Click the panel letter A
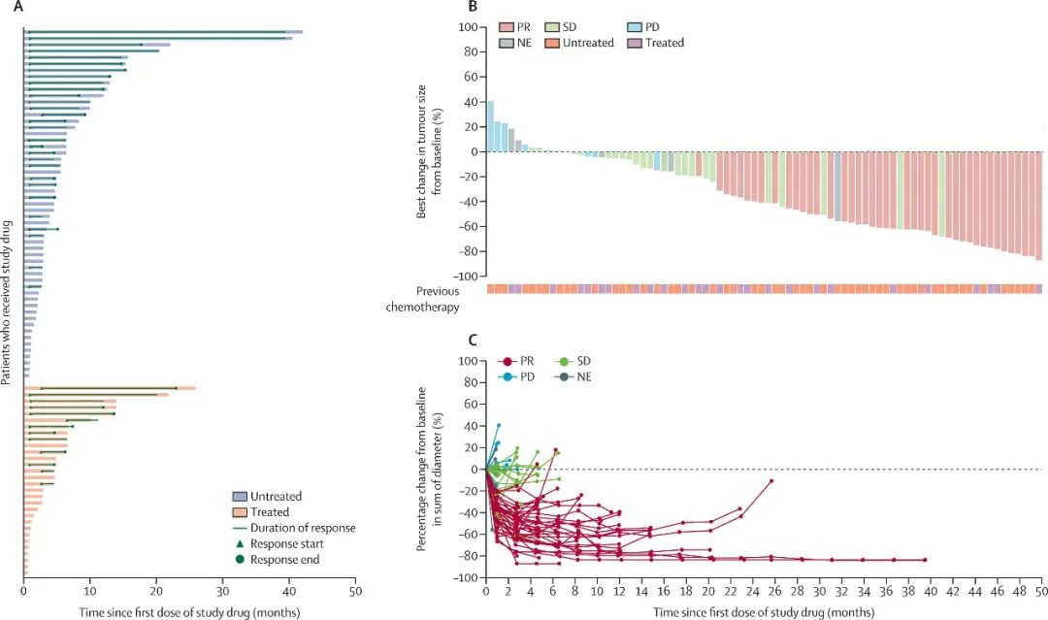(16, 8)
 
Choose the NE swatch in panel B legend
(507, 43)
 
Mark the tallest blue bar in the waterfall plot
(490, 126)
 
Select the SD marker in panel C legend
(562, 361)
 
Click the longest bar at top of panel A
(163, 32)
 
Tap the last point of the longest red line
(925, 560)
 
